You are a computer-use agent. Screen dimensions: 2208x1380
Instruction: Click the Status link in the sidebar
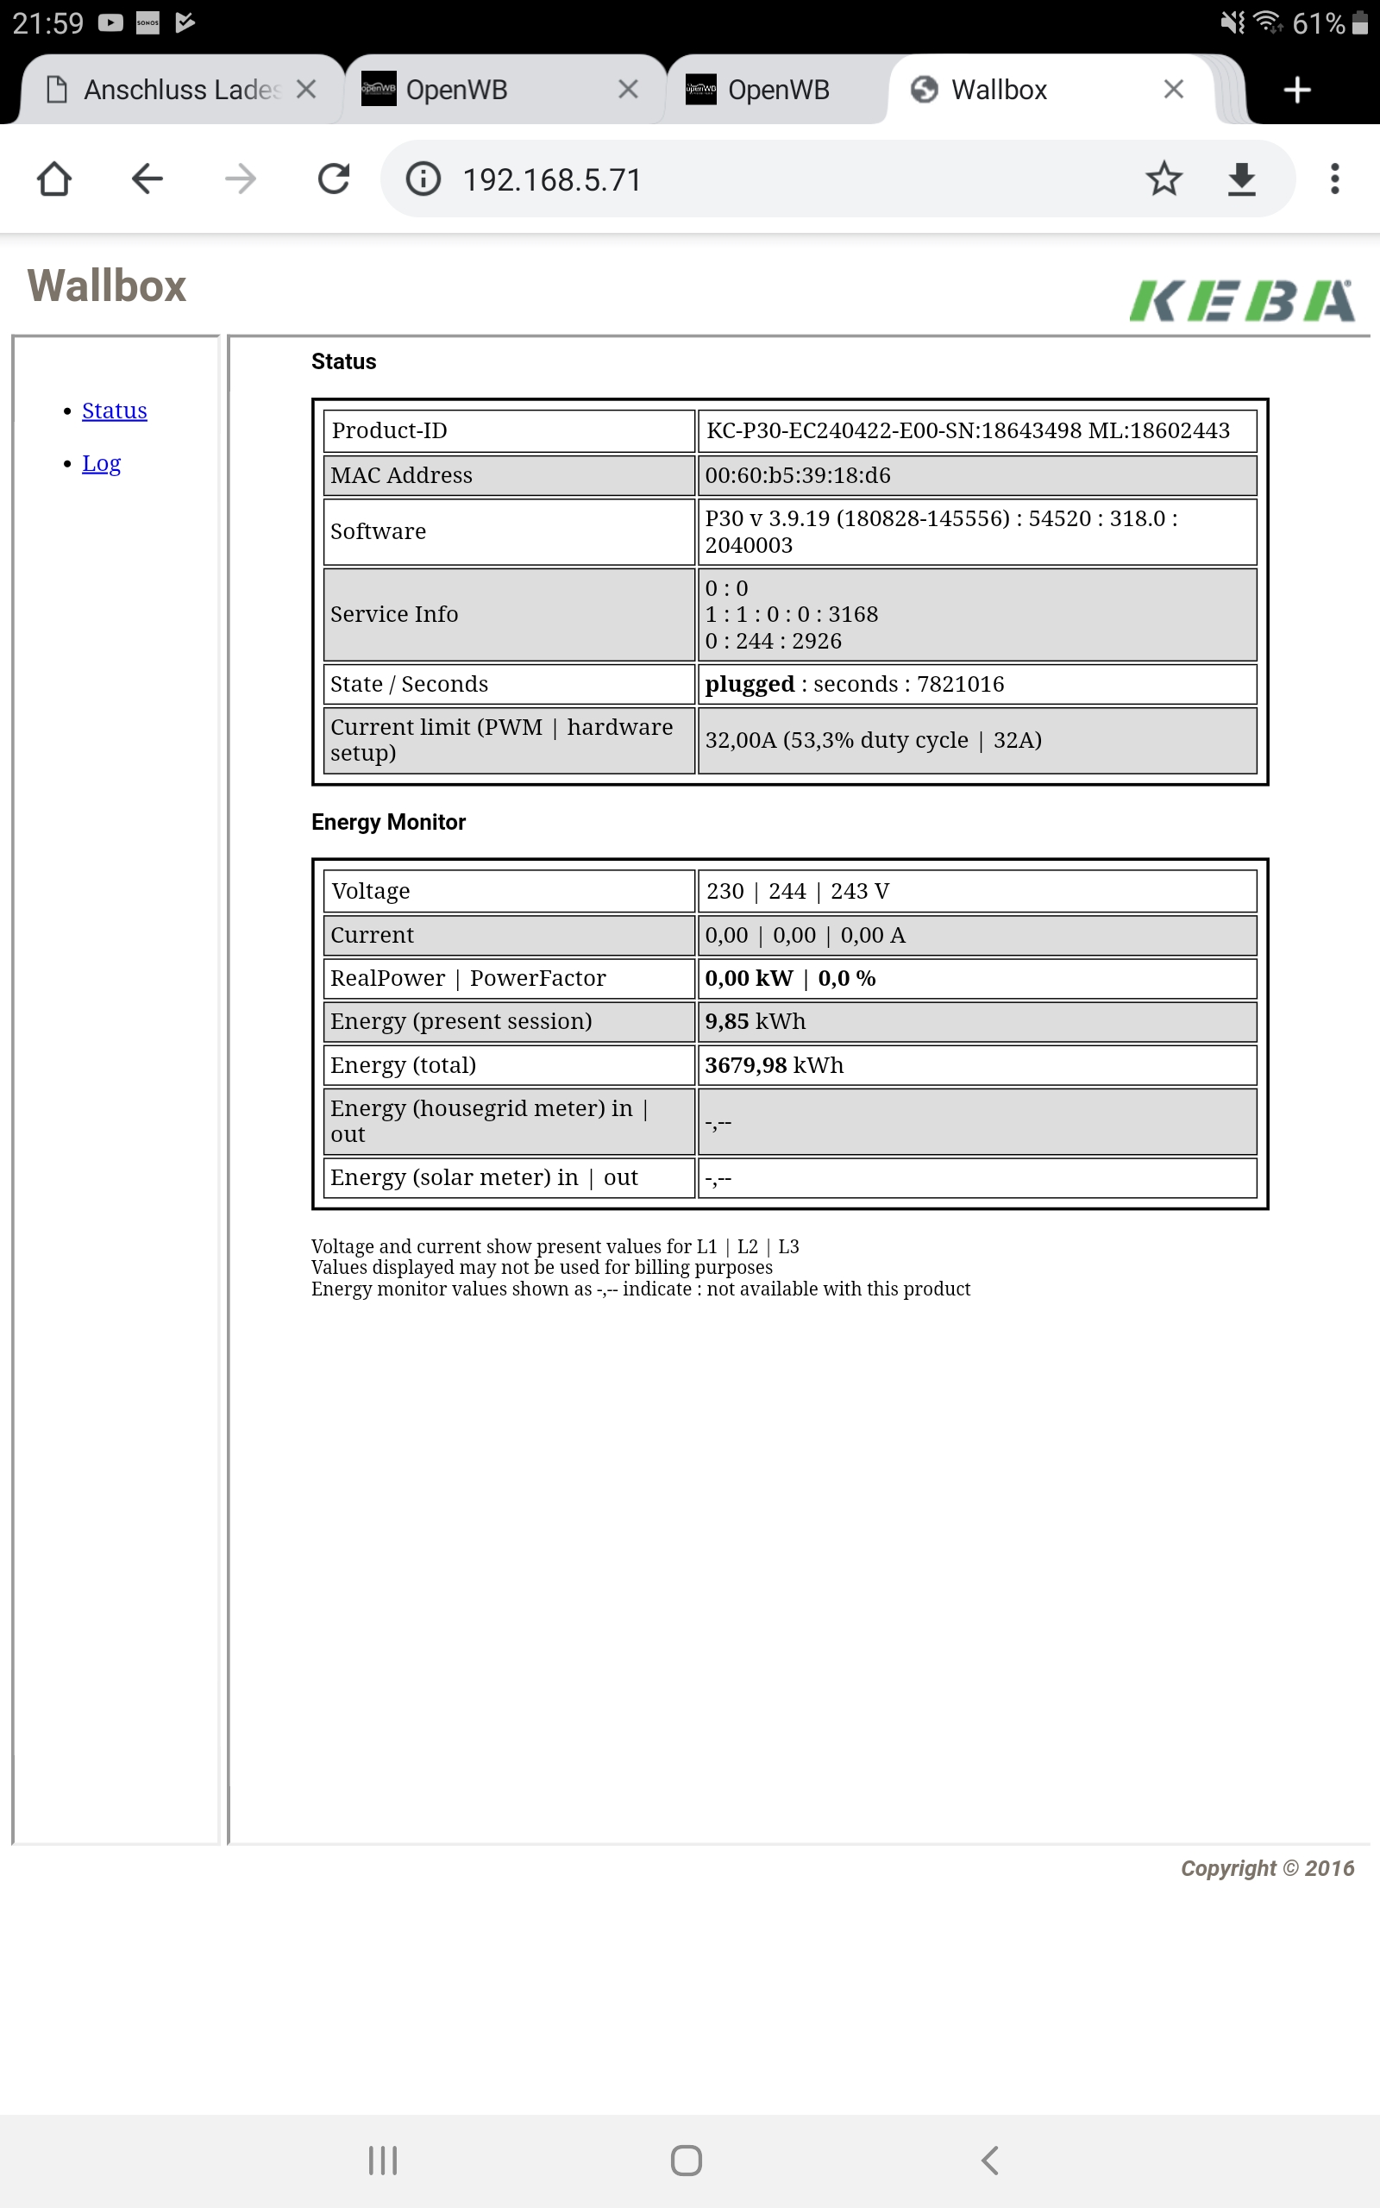coord(114,411)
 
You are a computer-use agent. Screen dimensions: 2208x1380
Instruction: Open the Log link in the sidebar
coord(101,463)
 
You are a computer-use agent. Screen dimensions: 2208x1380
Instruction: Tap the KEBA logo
coord(1241,300)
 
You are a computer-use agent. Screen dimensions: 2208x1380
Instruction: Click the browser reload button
coord(334,179)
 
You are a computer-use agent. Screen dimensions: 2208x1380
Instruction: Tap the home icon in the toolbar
coord(53,179)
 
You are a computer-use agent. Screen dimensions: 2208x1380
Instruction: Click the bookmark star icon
coord(1164,179)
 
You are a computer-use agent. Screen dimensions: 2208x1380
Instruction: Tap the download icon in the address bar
coord(1241,179)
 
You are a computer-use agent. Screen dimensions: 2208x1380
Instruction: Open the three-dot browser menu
coord(1334,179)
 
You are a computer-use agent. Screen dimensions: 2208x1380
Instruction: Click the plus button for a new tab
coord(1297,90)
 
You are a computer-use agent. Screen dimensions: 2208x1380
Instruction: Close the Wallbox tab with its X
coord(1174,90)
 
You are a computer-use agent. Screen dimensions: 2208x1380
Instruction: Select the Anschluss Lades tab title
coord(181,90)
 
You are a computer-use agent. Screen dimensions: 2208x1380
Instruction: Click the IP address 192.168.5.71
coord(552,179)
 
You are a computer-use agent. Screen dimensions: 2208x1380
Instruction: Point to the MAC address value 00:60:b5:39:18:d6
coord(798,475)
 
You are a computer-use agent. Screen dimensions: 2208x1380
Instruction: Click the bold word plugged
coord(750,684)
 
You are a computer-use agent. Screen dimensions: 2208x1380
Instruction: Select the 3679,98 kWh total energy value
coord(774,1065)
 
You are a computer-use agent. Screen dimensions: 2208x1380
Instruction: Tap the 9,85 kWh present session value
coord(755,1021)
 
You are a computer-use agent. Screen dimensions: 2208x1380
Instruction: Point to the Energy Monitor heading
coord(388,822)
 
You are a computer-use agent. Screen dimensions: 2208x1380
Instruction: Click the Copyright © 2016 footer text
coord(1267,1867)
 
